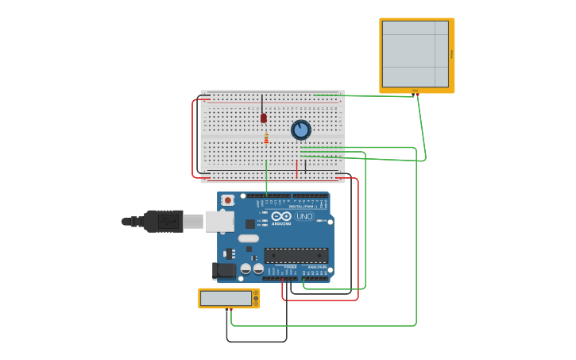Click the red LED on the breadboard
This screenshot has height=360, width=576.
pos(264,118)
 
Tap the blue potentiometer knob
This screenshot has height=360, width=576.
pos(300,130)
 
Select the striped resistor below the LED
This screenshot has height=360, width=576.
pos(266,139)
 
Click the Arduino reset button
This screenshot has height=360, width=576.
pos(228,200)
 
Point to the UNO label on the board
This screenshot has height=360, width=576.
pos(304,216)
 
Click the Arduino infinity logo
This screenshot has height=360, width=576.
pos(281,216)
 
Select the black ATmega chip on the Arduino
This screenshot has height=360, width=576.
pos(296,255)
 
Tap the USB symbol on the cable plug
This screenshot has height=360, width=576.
pos(167,221)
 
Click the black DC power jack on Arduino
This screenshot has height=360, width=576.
pos(225,270)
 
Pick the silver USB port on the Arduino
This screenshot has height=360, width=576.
pos(220,221)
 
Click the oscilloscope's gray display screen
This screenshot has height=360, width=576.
pos(415,54)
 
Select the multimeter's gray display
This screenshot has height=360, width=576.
pos(226,298)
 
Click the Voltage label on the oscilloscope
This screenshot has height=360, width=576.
pos(452,54)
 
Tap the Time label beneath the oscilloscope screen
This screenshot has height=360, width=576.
pos(415,91)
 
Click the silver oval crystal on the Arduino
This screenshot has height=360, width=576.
pos(249,238)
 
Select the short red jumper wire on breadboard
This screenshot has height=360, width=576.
pos(297,168)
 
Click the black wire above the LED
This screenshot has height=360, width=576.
pos(262,103)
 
